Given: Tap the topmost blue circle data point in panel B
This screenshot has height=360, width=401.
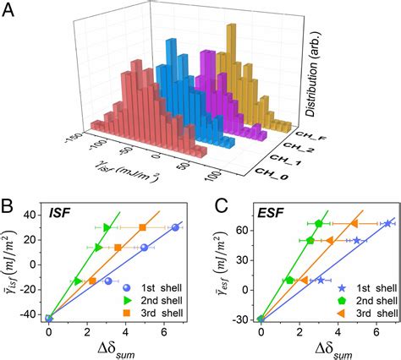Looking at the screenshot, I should click(x=175, y=227).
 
